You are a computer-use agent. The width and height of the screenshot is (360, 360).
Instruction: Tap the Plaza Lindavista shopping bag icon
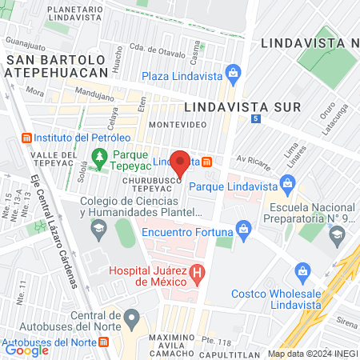point(233,76)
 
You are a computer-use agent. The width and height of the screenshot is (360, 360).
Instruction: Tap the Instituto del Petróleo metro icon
point(26,137)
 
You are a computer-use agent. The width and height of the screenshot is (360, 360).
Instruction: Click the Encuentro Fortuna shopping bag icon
point(242,232)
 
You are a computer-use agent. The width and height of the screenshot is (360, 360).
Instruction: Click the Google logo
point(26,350)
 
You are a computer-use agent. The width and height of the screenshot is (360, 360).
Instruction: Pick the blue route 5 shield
point(255,118)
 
